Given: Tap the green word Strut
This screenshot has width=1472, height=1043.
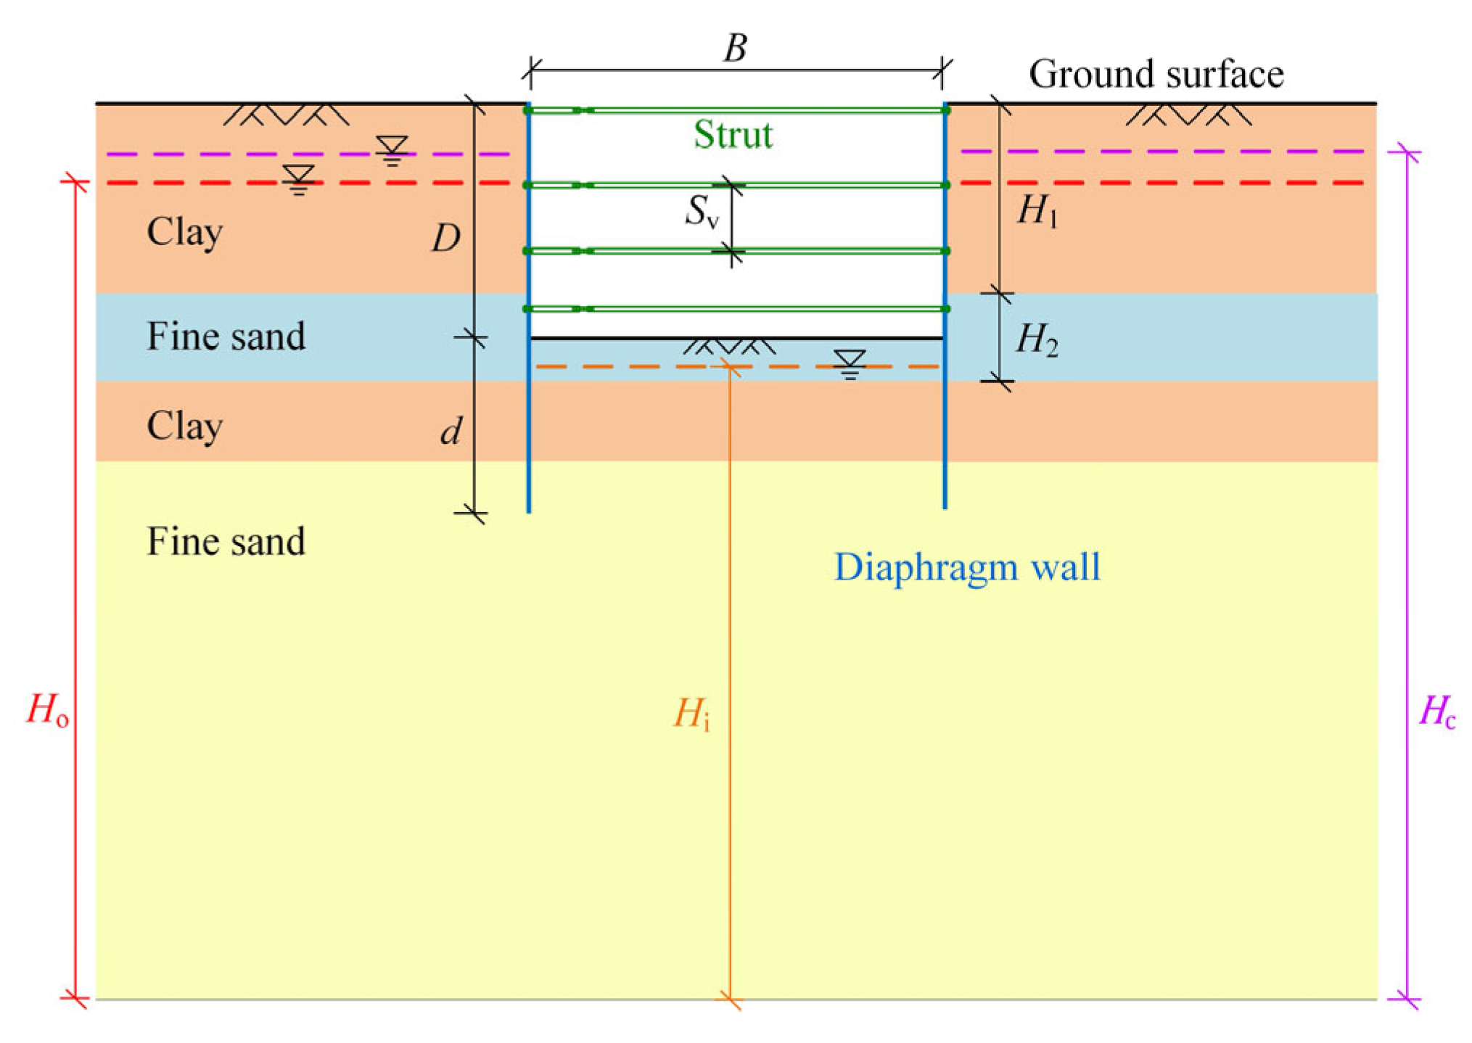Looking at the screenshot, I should [x=733, y=135].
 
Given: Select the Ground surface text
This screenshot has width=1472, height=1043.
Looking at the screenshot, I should [x=1156, y=75].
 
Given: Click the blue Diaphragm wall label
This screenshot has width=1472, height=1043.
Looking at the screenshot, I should [x=966, y=567].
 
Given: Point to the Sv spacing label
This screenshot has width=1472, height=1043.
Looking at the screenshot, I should [x=702, y=213].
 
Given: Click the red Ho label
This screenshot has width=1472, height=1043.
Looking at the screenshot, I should [x=47, y=710].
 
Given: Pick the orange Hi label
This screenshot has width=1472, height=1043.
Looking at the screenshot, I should [x=691, y=714].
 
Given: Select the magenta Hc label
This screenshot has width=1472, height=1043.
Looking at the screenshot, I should [x=1436, y=712].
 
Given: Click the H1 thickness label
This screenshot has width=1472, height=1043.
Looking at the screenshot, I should [x=1037, y=212].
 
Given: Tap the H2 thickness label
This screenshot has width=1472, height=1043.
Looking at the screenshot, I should [x=1037, y=339].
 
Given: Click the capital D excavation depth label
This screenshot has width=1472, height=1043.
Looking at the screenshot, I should [x=445, y=238].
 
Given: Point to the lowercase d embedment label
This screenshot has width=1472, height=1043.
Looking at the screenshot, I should [x=451, y=432].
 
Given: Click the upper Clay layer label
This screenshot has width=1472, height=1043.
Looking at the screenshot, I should [x=184, y=233].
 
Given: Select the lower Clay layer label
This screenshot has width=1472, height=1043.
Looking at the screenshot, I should [x=184, y=426].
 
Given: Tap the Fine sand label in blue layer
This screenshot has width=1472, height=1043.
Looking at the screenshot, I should [x=226, y=337].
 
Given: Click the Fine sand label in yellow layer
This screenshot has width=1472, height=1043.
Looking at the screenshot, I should [x=226, y=542].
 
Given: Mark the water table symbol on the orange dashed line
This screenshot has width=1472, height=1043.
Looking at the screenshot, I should [x=850, y=363].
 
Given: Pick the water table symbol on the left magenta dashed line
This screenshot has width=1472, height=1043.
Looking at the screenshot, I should [x=392, y=150].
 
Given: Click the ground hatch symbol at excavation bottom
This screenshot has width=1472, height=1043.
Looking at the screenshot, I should [x=729, y=347].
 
